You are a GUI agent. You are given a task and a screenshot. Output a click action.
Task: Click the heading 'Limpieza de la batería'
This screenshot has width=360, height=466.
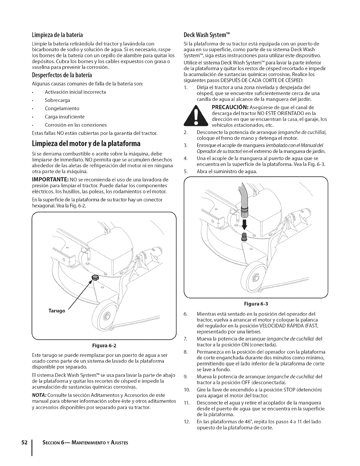(57, 35)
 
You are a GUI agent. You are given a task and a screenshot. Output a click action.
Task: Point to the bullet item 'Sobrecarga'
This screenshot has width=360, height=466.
(57, 100)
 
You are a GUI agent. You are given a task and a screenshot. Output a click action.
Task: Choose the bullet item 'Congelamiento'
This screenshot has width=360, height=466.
(62, 108)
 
